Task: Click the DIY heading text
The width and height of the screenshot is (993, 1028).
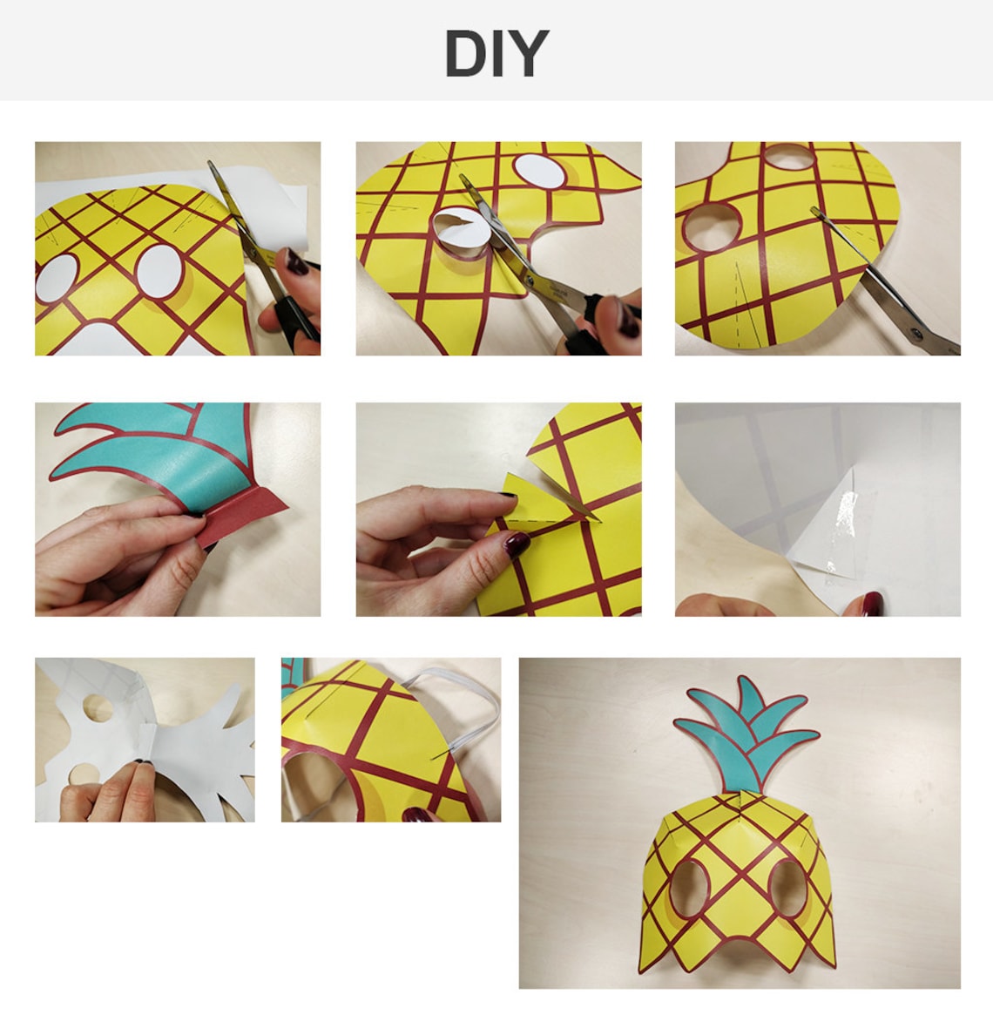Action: [496, 53]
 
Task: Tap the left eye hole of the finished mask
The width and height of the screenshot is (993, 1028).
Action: [689, 889]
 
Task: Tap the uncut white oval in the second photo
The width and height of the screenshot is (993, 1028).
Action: [540, 170]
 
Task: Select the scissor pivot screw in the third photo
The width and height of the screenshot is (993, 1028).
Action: [915, 331]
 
